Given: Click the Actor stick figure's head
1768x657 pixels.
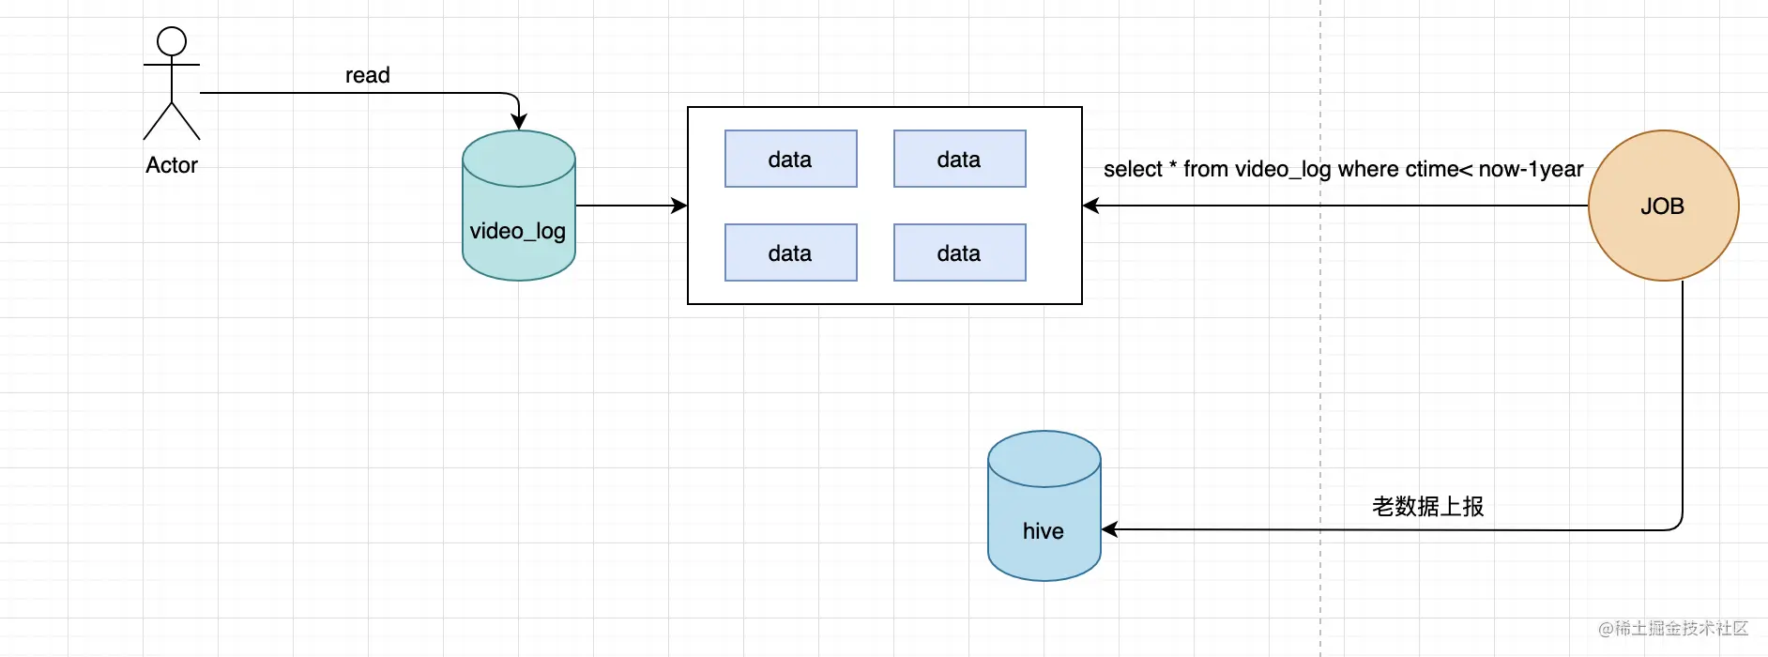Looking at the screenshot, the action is pyautogui.click(x=172, y=41).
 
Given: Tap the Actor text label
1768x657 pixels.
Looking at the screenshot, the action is pyautogui.click(x=172, y=165).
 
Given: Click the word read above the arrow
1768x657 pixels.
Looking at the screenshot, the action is pyautogui.click(x=368, y=75).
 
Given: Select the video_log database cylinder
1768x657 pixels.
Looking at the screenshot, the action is pyautogui.click(x=519, y=206).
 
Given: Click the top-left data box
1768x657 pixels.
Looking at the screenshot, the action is pyautogui.click(x=791, y=159).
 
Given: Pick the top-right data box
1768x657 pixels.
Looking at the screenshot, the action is pyautogui.click(x=960, y=159).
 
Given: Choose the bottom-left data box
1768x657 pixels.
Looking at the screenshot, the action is pyautogui.click(x=791, y=252).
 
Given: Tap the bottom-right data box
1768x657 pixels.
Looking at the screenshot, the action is pyautogui.click(x=960, y=252).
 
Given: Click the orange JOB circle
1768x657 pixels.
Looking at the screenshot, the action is pyautogui.click(x=1663, y=206).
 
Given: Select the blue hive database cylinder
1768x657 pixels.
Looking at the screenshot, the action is pyautogui.click(x=1044, y=506).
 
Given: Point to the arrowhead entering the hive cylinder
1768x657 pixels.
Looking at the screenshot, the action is pyautogui.click(x=1109, y=529).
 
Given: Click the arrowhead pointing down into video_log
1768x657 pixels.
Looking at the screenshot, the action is pyautogui.click(x=519, y=122).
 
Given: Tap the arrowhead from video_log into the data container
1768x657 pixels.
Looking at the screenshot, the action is pyautogui.click(x=679, y=206).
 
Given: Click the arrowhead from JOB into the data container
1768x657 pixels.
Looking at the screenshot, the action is pyautogui.click(x=1090, y=206).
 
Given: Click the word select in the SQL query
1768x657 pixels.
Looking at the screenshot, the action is pyautogui.click(x=1133, y=170).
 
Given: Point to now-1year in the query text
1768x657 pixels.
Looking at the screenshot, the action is pyautogui.click(x=1531, y=170).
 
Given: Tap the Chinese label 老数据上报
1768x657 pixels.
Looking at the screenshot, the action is pyautogui.click(x=1428, y=507).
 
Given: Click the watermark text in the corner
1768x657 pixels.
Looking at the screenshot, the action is pyautogui.click(x=1673, y=629).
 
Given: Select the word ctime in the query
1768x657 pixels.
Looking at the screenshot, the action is pyautogui.click(x=1432, y=170).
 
